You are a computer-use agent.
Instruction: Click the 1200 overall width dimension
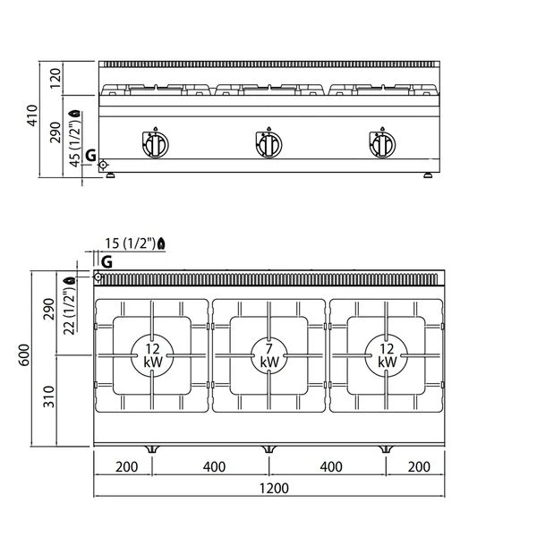click(274, 488)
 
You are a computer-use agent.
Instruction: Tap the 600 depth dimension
click(24, 355)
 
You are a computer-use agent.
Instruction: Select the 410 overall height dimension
click(32, 115)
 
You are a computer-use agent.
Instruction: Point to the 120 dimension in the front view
click(55, 79)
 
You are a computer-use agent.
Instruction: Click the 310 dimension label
click(49, 396)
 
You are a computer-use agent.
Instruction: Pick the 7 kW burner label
click(269, 355)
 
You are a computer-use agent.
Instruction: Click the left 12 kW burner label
click(152, 355)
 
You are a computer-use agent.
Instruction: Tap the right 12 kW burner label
click(387, 355)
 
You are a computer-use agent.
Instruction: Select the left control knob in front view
click(155, 144)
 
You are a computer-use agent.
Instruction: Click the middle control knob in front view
click(268, 144)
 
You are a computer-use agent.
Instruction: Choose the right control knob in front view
click(382, 144)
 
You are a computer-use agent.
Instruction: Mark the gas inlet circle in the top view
click(98, 277)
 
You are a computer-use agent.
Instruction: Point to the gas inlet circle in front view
click(103, 165)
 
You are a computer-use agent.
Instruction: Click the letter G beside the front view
click(90, 156)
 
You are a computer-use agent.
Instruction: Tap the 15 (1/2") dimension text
click(130, 243)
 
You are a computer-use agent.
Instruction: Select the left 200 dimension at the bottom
click(127, 466)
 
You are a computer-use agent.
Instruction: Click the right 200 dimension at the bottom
click(419, 466)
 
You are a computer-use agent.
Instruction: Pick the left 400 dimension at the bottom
click(215, 466)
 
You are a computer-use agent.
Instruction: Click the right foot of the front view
click(428, 175)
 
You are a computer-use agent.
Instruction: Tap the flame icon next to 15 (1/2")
click(161, 243)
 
